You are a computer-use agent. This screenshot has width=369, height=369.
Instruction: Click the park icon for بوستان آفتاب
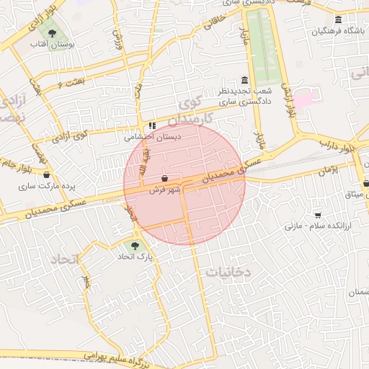tap(51, 32)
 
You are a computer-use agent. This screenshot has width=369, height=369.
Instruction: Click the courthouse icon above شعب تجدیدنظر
tap(244, 81)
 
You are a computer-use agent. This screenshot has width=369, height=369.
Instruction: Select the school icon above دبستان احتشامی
tap(152, 125)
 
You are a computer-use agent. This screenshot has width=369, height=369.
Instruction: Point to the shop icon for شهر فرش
tap(165, 177)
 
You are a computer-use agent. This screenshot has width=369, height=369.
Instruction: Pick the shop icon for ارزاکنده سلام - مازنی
tap(318, 215)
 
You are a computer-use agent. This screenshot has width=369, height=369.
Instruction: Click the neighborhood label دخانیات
tap(228, 272)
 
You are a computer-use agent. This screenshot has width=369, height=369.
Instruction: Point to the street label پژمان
tap(326, 171)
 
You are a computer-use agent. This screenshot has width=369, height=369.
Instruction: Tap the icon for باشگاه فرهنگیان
tap(338, 19)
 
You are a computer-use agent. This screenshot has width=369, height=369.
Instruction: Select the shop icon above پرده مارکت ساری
tap(46, 174)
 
